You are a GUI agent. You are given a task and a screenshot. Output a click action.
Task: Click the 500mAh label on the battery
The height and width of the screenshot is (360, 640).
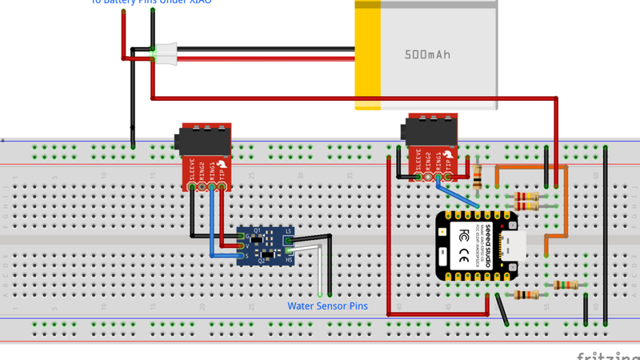click(x=427, y=55)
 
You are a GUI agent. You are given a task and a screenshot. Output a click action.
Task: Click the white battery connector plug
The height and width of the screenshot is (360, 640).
click(x=167, y=53)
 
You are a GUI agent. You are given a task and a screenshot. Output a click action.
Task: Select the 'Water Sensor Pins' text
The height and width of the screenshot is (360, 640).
click(x=327, y=306)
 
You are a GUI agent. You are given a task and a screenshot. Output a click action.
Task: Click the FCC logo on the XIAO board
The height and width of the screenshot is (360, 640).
click(x=465, y=235)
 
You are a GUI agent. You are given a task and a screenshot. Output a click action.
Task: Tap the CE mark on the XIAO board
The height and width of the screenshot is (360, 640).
click(x=465, y=256)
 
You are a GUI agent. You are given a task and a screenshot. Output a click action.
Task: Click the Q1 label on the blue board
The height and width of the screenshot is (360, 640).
click(x=258, y=230)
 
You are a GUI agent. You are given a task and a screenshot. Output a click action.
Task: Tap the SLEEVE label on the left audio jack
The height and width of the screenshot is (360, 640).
click(x=192, y=170)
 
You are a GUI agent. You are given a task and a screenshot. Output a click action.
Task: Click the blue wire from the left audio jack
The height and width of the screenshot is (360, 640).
click(x=212, y=224)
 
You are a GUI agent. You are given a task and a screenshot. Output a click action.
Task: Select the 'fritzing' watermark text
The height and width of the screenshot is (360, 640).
click(x=607, y=353)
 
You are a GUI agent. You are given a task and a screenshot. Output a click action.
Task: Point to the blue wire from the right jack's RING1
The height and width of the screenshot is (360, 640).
click(x=459, y=195)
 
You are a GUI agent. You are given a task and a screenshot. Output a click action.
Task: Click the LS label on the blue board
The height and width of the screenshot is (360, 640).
click(x=288, y=232)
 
